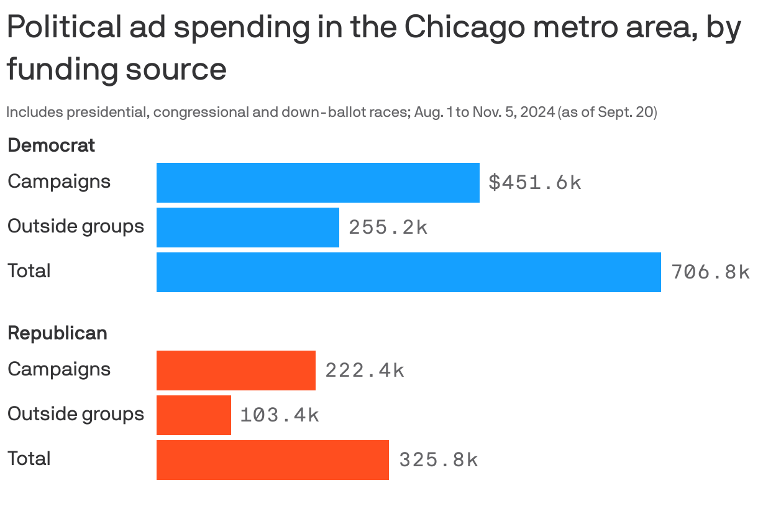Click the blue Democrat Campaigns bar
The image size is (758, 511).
pos(317,183)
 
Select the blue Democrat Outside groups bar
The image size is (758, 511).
pos(247,228)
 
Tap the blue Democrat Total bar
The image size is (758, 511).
pos(408,272)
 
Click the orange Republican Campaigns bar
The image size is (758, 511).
pos(235,371)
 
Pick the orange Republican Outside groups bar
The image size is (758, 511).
pos(193,415)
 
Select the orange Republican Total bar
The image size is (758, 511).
pos(272,460)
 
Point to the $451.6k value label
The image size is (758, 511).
pos(534,183)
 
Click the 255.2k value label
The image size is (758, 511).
pos(388,228)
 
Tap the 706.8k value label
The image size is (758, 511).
pos(710,272)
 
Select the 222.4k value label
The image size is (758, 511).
pos(364,371)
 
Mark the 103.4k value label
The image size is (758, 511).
pos(279,415)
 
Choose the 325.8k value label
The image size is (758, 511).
pos(438,460)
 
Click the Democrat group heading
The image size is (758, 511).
pos(51,145)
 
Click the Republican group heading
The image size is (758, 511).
pos(57,333)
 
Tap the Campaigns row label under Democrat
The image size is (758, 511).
pos(59,182)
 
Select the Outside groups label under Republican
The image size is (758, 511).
pos(75,414)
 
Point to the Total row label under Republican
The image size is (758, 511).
pos(29,459)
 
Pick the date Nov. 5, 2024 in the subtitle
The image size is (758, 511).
pos(513,113)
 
